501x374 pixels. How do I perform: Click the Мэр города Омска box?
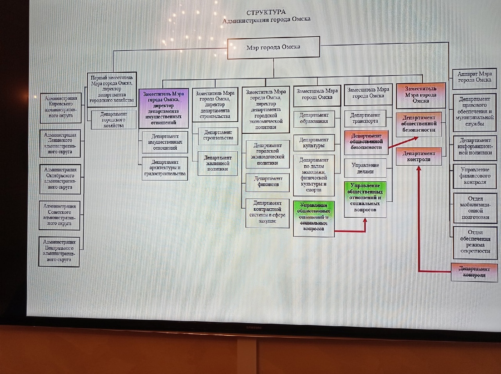273,48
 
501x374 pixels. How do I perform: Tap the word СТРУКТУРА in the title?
266,12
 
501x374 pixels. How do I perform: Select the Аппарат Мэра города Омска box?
474,77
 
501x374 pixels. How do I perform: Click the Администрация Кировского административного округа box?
60,107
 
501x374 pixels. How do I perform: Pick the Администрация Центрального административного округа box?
59,251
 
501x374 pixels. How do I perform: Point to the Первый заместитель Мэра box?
112,89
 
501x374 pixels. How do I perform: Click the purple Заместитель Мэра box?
163,108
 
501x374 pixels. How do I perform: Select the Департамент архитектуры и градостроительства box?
164,168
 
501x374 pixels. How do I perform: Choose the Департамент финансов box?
268,182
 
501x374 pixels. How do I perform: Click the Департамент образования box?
314,118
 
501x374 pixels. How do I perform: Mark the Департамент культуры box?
314,143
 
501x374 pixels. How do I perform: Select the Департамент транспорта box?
365,118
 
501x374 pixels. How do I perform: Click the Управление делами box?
365,168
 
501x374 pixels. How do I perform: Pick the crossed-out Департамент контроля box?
474,272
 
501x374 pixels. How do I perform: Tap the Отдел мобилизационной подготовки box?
475,208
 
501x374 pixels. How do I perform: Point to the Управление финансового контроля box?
475,176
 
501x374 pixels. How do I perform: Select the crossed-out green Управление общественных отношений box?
314,218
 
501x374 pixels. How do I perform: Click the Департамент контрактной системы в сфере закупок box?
267,212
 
